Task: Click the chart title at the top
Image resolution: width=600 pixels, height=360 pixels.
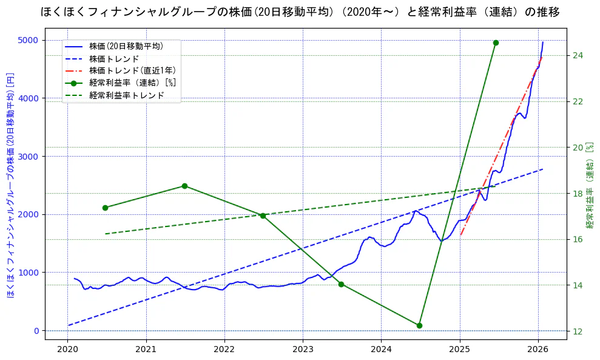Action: (x=300, y=12)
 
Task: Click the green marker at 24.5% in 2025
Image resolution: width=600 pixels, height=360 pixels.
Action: (x=496, y=42)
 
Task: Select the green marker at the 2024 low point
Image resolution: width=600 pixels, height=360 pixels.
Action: (x=419, y=325)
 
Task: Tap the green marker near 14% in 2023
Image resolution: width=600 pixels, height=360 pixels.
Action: (x=341, y=284)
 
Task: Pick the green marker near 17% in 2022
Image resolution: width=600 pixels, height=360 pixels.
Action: (x=263, y=216)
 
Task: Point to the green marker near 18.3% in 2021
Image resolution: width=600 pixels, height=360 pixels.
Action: (x=184, y=186)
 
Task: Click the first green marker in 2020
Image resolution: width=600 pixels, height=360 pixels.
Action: (x=105, y=208)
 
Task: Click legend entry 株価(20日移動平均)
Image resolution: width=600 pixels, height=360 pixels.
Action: (x=126, y=46)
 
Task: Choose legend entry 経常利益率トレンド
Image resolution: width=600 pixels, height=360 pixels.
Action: (x=126, y=95)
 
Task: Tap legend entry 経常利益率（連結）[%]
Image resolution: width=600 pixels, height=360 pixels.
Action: (x=132, y=83)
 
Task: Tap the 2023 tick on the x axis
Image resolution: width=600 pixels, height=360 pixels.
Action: (x=303, y=349)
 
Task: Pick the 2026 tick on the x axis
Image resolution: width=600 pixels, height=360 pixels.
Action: (x=538, y=349)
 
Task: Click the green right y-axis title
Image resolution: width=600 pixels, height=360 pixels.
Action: (x=589, y=185)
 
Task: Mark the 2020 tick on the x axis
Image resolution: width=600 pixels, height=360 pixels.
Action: (x=67, y=349)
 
